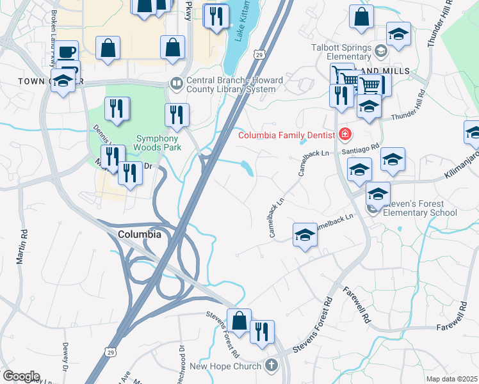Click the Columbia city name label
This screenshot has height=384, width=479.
[x=140, y=234]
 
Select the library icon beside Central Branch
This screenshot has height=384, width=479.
[x=175, y=83]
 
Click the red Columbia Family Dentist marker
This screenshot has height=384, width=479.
[x=345, y=134]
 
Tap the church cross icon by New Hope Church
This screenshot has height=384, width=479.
[x=272, y=366]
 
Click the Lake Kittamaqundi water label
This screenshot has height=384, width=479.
[x=240, y=26]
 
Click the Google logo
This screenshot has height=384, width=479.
[x=20, y=376]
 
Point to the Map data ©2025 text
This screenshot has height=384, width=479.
[x=452, y=379]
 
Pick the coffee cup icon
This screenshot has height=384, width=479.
[x=67, y=52]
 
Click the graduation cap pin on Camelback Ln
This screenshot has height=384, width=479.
[x=305, y=235]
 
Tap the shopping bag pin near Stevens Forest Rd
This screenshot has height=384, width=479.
[x=239, y=321]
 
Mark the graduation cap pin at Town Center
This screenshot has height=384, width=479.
[x=62, y=82]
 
